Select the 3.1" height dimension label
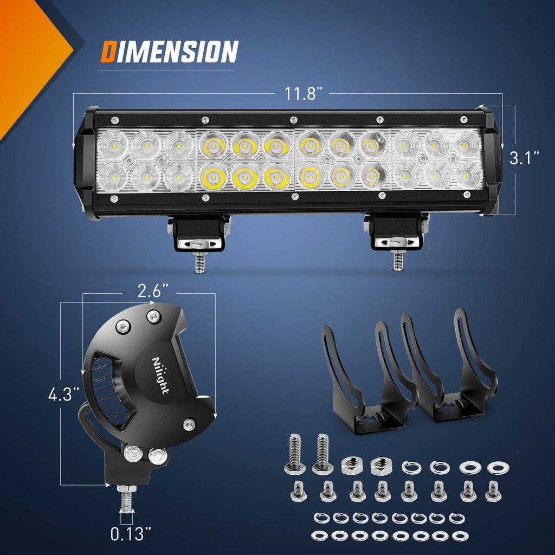[524, 159]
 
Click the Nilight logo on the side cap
[160, 375]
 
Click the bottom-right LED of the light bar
[468, 174]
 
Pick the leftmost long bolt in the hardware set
[294, 453]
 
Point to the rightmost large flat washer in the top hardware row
[498, 467]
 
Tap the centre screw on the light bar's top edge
[293, 119]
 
